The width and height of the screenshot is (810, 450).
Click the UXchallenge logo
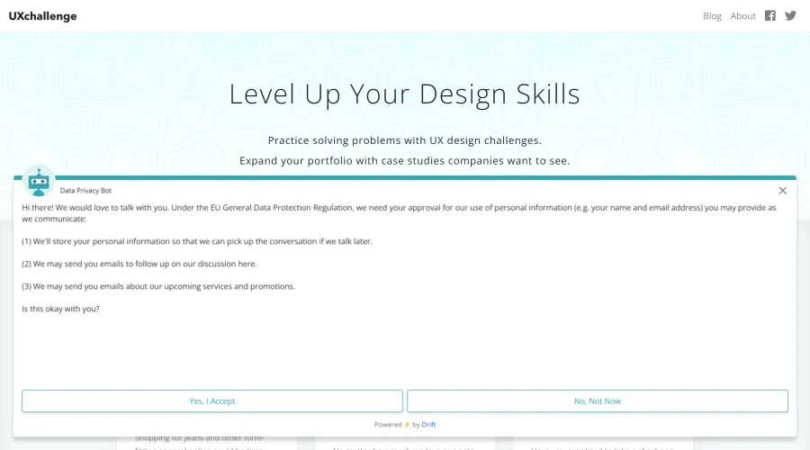[42, 16]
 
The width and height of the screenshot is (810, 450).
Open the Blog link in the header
[712, 16]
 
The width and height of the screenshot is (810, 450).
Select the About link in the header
[742, 16]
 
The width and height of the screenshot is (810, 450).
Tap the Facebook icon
[770, 15]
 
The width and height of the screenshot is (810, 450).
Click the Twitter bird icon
[790, 15]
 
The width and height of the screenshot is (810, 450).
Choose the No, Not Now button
[598, 401]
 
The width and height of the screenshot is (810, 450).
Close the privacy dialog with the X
[783, 191]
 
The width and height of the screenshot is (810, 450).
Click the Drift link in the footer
[428, 425]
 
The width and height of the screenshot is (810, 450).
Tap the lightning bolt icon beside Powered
[407, 425]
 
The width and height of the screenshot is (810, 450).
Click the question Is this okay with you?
[60, 309]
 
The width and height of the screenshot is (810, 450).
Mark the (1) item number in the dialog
[27, 241]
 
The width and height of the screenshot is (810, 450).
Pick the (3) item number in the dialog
[27, 286]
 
